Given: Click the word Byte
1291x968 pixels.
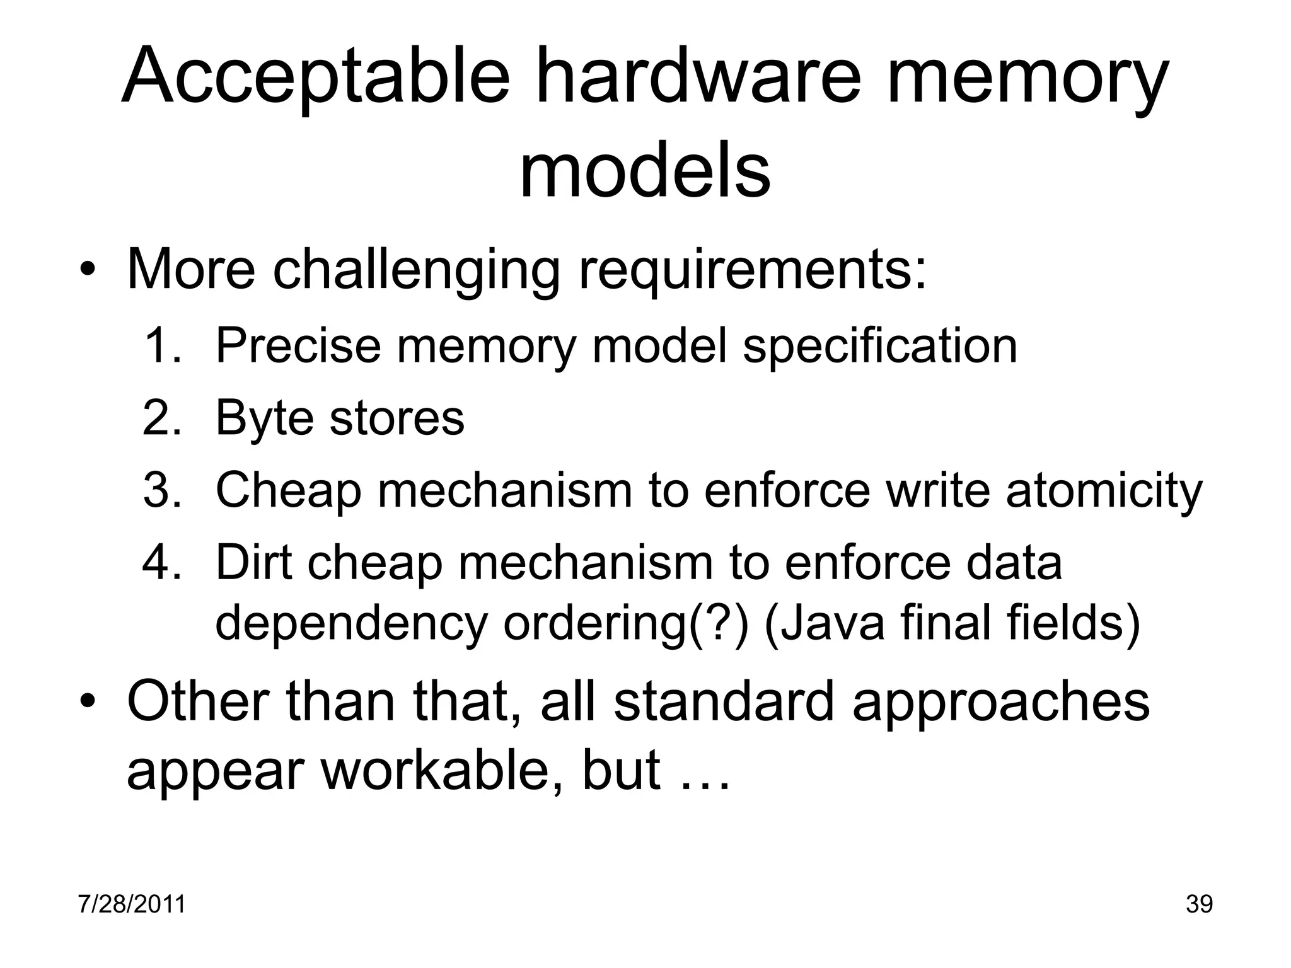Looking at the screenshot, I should pos(263,418).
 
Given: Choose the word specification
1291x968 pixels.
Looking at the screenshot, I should pos(880,347).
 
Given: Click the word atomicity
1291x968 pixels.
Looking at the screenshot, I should pos(1104,490).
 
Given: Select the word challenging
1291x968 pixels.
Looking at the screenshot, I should pos(416,271).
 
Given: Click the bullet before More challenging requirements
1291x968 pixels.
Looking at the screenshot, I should pos(87,272).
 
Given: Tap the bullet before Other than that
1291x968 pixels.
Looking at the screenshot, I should pos(87,702).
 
